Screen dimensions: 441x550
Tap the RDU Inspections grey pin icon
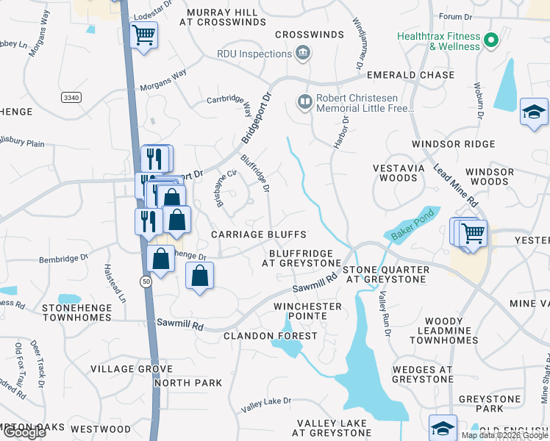click(x=302, y=53)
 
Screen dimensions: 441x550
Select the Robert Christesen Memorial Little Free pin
click(x=305, y=100)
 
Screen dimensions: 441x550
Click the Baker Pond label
click(x=408, y=226)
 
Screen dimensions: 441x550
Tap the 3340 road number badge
click(x=71, y=97)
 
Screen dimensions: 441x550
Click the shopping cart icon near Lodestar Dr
click(x=143, y=34)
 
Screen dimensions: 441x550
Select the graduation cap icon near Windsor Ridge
click(x=533, y=112)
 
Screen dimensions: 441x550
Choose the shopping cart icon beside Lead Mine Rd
click(x=472, y=233)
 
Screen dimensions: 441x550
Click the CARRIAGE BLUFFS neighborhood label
click(x=258, y=234)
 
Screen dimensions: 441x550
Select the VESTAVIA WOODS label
click(x=399, y=173)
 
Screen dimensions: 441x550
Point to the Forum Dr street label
click(x=454, y=16)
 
